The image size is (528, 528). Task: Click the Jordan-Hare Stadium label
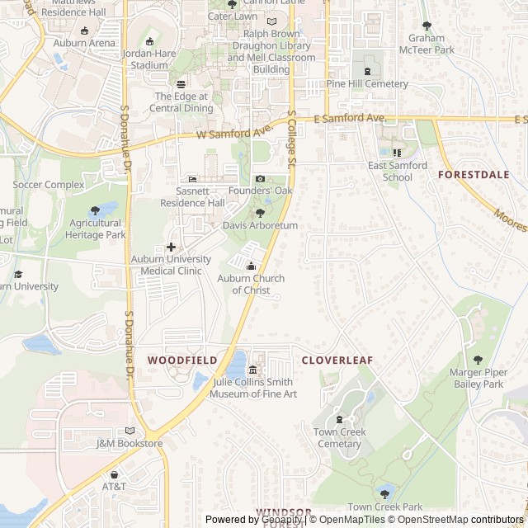pyautogui.click(x=149, y=59)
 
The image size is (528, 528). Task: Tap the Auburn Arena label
pyautogui.click(x=84, y=42)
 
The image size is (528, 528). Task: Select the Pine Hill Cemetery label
pyautogui.click(x=367, y=84)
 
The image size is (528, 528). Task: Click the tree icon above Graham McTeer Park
pyautogui.click(x=427, y=26)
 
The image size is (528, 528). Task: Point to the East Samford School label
pyautogui.click(x=398, y=171)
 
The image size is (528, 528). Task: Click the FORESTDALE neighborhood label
pyautogui.click(x=473, y=175)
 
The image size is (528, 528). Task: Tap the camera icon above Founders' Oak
pyautogui.click(x=261, y=179)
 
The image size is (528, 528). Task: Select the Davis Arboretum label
pyautogui.click(x=260, y=225)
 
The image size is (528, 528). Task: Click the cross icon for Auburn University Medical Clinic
pyautogui.click(x=172, y=247)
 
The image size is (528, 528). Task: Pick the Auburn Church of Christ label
pyautogui.click(x=251, y=285)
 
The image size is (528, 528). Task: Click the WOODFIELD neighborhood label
pyautogui.click(x=182, y=361)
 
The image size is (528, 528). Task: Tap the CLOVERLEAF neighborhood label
pyautogui.click(x=337, y=361)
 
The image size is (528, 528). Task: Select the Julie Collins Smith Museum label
pyautogui.click(x=252, y=388)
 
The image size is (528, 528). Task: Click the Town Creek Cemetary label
pyautogui.click(x=339, y=438)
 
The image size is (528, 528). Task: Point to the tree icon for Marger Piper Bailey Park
pyautogui.click(x=478, y=360)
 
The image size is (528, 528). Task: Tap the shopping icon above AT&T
pyautogui.click(x=115, y=474)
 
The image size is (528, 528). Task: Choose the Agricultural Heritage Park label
pyautogui.click(x=97, y=229)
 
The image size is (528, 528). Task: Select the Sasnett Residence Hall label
pyautogui.click(x=192, y=197)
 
